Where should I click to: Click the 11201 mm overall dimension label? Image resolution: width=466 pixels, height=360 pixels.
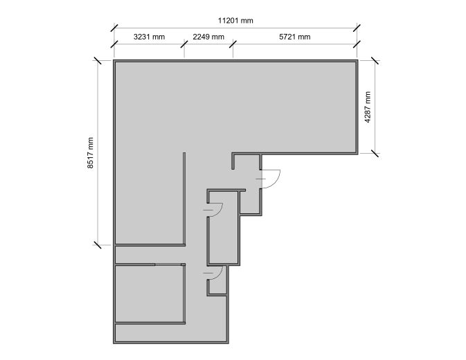click(235, 21)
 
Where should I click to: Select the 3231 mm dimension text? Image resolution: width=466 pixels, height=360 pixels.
click(149, 37)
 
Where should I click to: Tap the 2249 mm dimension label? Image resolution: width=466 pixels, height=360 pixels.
click(208, 37)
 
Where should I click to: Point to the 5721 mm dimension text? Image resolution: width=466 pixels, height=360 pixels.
click(295, 37)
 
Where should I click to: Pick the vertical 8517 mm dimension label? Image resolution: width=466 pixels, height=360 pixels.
click(90, 153)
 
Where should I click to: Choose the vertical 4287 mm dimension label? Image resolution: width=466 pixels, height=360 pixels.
click(368, 107)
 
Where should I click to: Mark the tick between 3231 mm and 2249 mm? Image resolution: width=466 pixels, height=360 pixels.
click(184, 44)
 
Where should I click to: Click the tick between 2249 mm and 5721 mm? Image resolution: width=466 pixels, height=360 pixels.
click(233, 44)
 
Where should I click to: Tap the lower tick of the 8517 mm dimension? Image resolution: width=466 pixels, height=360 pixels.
click(97, 245)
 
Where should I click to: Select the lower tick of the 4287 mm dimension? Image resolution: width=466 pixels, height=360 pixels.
click(375, 154)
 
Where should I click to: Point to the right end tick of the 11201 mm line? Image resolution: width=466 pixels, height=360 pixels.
click(357, 28)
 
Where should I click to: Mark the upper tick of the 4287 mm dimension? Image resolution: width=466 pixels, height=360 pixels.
click(375, 61)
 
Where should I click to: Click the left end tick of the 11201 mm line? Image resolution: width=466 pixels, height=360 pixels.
click(114, 28)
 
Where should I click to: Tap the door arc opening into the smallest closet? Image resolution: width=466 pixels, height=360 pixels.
click(220, 273)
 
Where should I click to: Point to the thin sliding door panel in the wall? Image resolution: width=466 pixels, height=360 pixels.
click(168, 264)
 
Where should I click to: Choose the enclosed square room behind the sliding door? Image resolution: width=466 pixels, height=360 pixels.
click(149, 294)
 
